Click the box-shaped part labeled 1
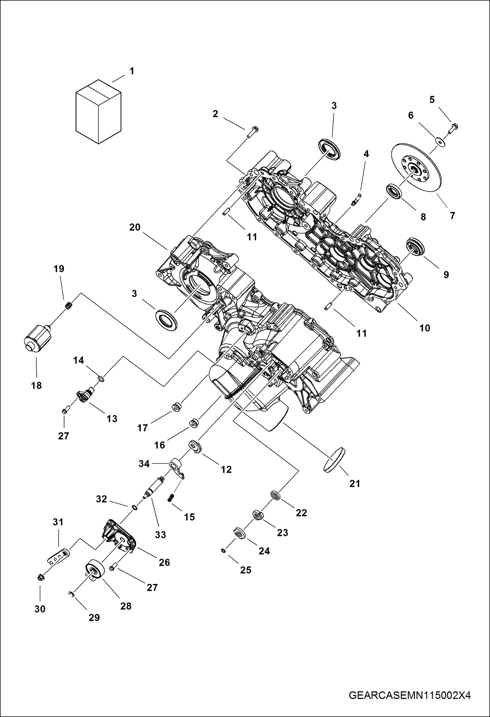click(x=98, y=112)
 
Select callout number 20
click(x=134, y=227)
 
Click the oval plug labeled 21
click(x=334, y=460)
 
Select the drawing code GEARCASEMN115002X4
click(x=410, y=695)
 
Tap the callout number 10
click(x=425, y=328)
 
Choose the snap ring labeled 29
click(x=72, y=594)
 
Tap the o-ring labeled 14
click(x=101, y=379)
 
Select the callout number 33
click(x=160, y=535)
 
